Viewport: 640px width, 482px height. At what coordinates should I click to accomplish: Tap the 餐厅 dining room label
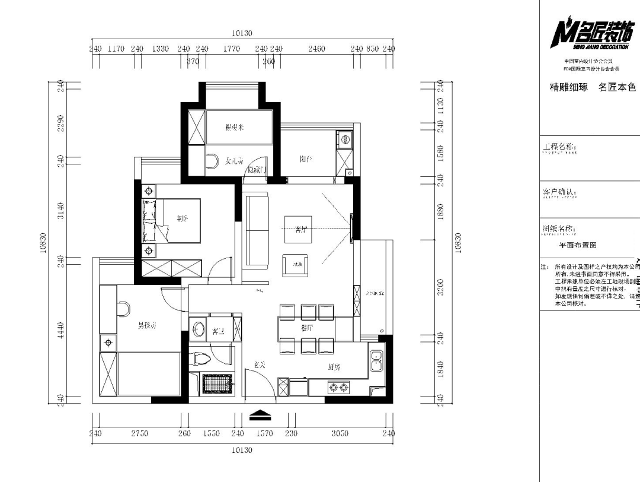(x=307, y=327)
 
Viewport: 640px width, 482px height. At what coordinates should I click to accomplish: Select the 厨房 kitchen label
(x=334, y=367)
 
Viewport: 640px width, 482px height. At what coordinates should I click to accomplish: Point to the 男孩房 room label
(x=146, y=325)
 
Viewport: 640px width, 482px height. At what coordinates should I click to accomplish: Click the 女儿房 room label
(x=235, y=160)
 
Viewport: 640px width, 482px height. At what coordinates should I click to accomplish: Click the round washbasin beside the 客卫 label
(x=199, y=329)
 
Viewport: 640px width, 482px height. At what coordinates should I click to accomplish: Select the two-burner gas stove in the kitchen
(x=339, y=388)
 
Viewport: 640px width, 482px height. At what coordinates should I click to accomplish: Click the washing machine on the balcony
(x=344, y=140)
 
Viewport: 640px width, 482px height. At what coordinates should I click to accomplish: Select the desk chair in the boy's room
(x=124, y=309)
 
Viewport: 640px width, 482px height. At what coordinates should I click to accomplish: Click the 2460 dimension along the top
(x=316, y=49)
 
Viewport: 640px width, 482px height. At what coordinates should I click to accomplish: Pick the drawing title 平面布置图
(x=577, y=245)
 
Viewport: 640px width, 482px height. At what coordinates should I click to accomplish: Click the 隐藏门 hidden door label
(x=257, y=170)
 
